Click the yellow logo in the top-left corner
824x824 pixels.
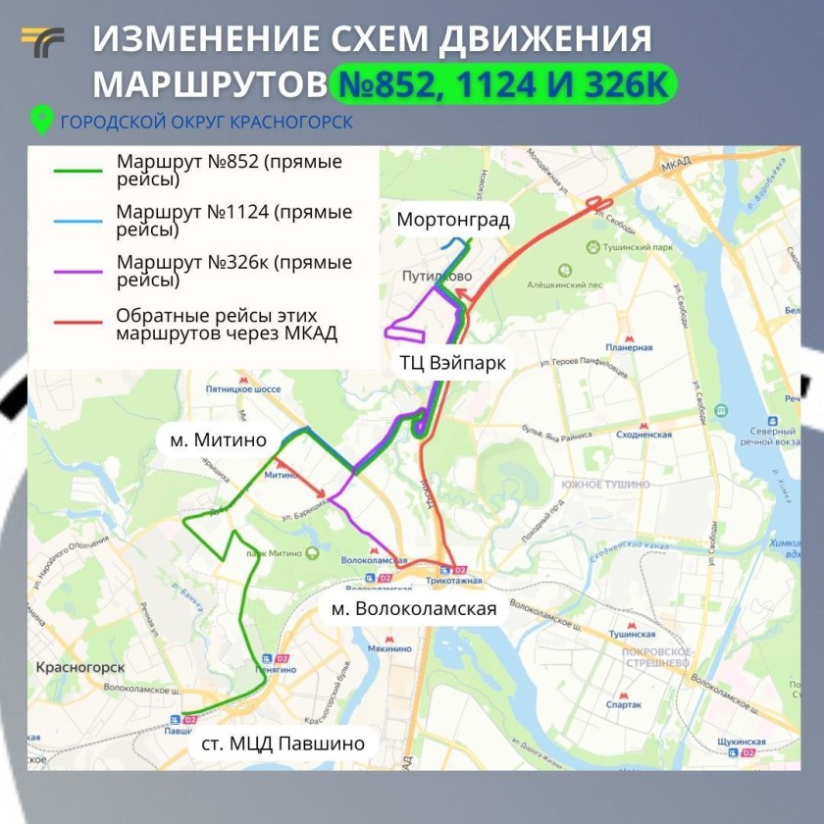coord(42,43)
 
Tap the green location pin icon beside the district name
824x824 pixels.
coord(41,121)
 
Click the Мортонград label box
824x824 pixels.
coord(452,220)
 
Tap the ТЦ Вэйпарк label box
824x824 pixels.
coord(452,363)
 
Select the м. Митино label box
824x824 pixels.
coord(218,439)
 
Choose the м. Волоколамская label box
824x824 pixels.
coord(413,608)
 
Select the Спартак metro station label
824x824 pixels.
coord(624,704)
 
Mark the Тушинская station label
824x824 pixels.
coord(631,635)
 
